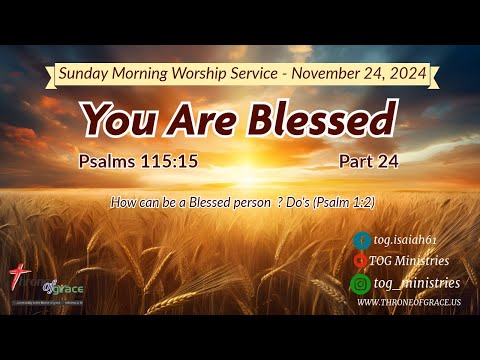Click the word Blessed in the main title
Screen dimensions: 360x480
click(323, 119)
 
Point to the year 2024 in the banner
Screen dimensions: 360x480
click(407, 73)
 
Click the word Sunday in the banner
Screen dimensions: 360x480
click(85, 73)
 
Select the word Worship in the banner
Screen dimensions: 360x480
click(209, 73)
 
